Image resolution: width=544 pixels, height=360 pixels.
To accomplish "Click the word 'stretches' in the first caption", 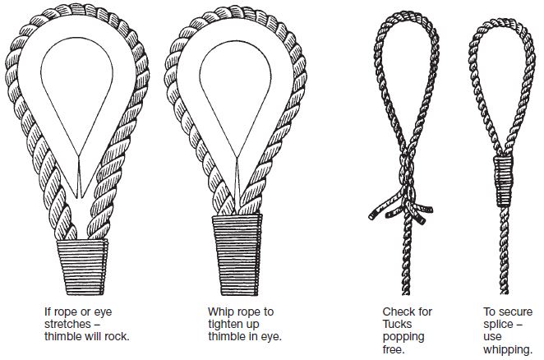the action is (x=67, y=324).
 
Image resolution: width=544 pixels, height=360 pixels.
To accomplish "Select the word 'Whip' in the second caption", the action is (x=219, y=312).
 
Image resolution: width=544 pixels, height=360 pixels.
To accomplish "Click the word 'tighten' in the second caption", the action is (x=228, y=324).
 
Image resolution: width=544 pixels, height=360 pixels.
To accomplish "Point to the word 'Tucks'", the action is (x=397, y=324).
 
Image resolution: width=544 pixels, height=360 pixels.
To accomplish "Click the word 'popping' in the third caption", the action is (x=403, y=337).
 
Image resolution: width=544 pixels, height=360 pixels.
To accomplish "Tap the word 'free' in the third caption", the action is (x=394, y=348).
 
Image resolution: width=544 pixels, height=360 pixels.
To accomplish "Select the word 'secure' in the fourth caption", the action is (x=515, y=312).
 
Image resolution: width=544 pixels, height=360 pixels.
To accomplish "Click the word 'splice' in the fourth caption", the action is (x=498, y=325).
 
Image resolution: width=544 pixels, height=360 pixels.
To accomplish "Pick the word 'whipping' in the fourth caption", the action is (x=508, y=349).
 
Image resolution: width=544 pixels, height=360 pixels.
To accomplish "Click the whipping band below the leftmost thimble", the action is (x=82, y=267).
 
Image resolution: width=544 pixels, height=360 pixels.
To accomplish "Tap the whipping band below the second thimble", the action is (x=237, y=255).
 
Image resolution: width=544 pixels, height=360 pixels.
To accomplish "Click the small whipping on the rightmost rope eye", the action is (x=504, y=181).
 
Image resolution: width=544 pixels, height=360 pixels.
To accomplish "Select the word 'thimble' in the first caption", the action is (x=63, y=336).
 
